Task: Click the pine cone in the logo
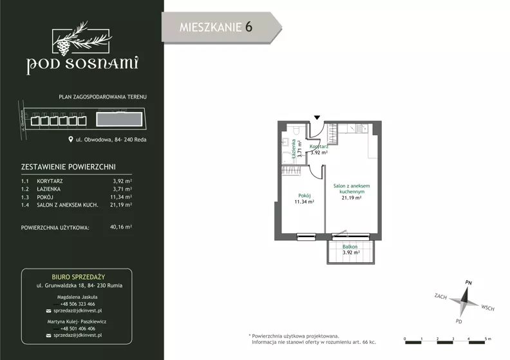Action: click(64, 47)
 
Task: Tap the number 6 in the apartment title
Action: click(249, 27)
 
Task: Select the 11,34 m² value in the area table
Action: click(121, 197)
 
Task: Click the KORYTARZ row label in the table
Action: click(50, 181)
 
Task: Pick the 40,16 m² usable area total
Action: click(121, 227)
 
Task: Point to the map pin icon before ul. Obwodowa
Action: click(71, 140)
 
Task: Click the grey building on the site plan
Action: click(119, 119)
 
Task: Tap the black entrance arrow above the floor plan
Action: click(317, 117)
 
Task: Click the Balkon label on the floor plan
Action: click(350, 247)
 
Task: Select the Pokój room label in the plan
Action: click(305, 196)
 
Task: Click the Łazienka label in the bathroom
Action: click(294, 149)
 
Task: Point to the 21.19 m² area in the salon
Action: click(352, 198)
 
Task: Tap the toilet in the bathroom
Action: click(296, 130)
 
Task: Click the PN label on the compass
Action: click(468, 283)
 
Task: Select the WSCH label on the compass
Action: click(487, 308)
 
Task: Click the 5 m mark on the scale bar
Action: click(488, 339)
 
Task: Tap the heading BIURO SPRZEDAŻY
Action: click(79, 277)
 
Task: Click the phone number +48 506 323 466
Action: click(78, 304)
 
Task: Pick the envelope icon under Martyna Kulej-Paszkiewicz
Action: click(49, 336)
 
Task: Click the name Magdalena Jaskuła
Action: click(77, 297)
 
